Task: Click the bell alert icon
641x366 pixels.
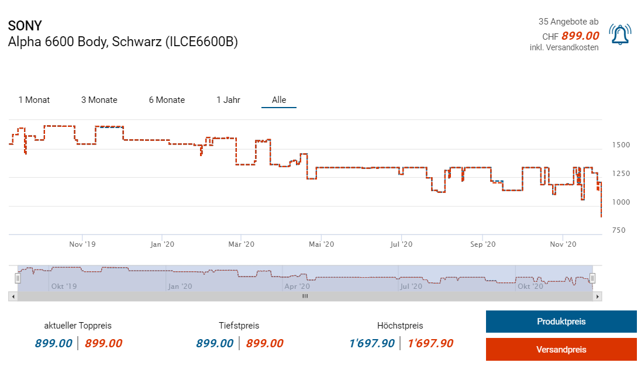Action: click(x=620, y=34)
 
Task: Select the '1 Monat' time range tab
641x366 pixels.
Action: click(x=34, y=100)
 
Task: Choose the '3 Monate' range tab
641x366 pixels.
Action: click(x=99, y=100)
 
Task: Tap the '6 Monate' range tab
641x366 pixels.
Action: click(x=167, y=100)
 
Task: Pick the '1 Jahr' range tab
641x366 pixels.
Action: click(x=228, y=100)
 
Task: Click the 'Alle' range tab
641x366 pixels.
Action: click(x=279, y=100)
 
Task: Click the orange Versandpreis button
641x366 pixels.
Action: click(x=561, y=350)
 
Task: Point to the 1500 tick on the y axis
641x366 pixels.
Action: click(x=621, y=145)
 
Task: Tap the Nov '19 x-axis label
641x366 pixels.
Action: click(x=81, y=244)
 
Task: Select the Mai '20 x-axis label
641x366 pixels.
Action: click(x=320, y=244)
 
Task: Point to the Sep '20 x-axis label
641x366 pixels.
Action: click(x=483, y=244)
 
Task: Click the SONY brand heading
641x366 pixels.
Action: click(x=25, y=26)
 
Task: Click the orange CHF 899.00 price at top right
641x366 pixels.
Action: click(x=580, y=36)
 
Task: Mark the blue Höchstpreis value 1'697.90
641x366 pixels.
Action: click(x=371, y=343)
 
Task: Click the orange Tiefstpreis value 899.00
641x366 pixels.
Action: click(x=264, y=343)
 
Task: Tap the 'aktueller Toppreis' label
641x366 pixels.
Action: click(x=78, y=326)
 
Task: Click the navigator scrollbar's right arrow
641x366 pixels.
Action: click(x=597, y=296)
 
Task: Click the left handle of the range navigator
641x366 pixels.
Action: click(x=18, y=278)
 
